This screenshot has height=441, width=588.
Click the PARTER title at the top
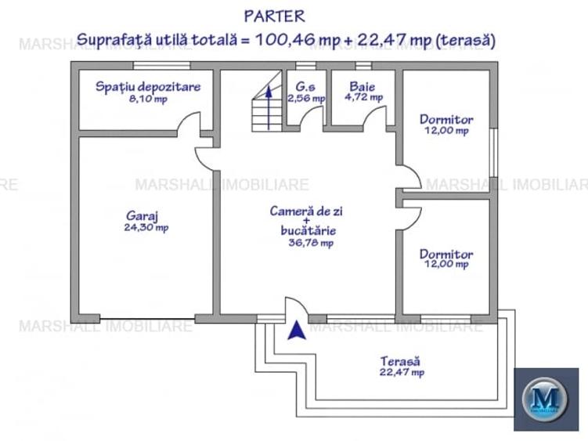coord(274,16)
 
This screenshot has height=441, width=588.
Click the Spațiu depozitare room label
coord(148,86)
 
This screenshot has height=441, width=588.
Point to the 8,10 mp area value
coord(148,99)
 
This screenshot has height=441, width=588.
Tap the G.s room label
coord(305,86)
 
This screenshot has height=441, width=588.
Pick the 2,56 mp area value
coord(305,99)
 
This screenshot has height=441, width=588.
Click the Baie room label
coord(363,86)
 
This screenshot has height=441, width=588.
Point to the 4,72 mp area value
coord(363,98)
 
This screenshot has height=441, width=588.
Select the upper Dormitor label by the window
coord(446,119)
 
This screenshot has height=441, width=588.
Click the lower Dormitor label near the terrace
coord(446,254)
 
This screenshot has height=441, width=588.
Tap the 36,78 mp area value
coord(311,243)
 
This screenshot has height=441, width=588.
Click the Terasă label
coord(400,361)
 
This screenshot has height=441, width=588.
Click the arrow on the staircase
coord(269,106)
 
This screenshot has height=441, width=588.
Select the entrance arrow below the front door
coord(296,331)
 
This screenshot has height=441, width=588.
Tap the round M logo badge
coord(545,399)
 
